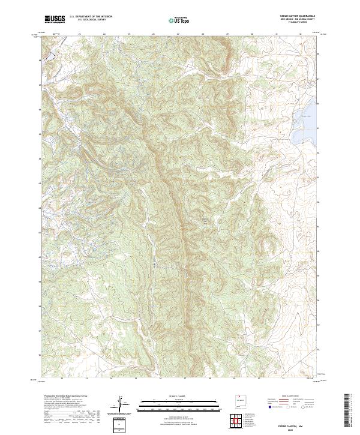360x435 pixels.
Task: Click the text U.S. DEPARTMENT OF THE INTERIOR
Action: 91,17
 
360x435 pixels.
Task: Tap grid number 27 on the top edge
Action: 178,34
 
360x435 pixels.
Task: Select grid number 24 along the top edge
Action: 104,34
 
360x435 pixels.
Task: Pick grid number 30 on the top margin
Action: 252,34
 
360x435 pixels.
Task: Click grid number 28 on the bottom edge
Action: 209,379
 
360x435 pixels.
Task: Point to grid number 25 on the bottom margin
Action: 136,379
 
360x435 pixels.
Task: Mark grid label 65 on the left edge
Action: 41,134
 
